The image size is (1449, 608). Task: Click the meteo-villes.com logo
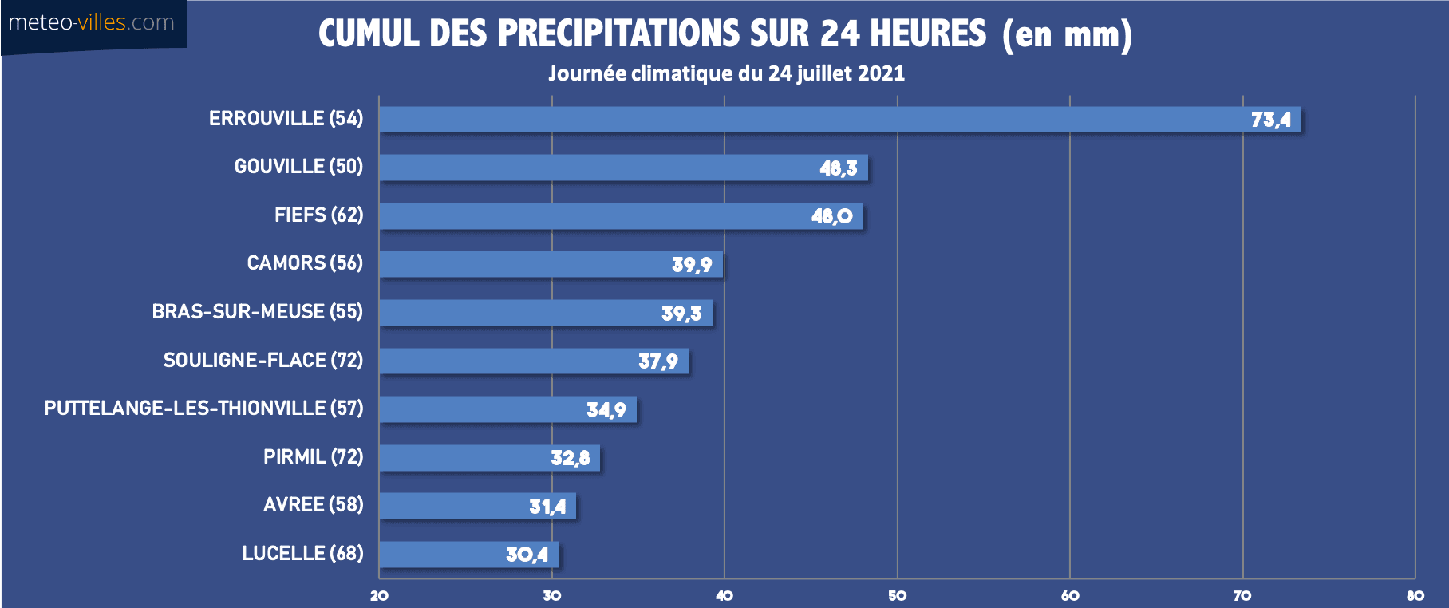92,22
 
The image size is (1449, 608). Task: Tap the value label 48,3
838,168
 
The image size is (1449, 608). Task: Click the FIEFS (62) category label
318,215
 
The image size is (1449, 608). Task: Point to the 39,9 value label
691,265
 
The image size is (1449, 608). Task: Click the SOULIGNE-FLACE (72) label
263,360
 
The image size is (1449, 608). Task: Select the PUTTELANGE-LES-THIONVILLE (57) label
203,408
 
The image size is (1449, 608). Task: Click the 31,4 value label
547,507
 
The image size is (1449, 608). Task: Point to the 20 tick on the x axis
379,596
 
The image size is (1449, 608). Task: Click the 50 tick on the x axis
897,596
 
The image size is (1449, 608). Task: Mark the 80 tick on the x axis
1415,596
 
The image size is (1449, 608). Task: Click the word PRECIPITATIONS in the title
619,34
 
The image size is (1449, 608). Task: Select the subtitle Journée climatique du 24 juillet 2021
726,73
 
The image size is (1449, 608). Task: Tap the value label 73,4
1270,120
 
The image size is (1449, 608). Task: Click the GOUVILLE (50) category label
298,166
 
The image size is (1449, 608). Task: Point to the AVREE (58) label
313,504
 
